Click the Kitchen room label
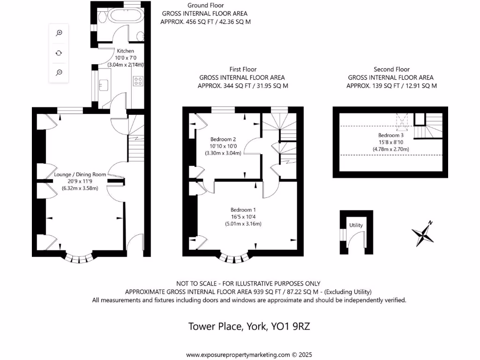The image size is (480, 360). click(x=125, y=51)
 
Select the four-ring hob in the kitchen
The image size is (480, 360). click(x=138, y=81)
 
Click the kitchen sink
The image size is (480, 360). click(x=104, y=84)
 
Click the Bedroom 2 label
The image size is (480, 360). click(x=223, y=139)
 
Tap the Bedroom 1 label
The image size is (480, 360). click(x=243, y=210)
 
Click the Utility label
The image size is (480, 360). click(x=356, y=225)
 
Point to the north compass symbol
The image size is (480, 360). click(x=423, y=233)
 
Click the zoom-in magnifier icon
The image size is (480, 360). click(x=60, y=33)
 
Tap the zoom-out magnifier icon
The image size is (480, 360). click(x=60, y=72)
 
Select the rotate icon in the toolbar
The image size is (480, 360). click(x=60, y=53)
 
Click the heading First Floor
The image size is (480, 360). click(x=242, y=69)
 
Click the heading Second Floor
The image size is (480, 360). click(x=391, y=69)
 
